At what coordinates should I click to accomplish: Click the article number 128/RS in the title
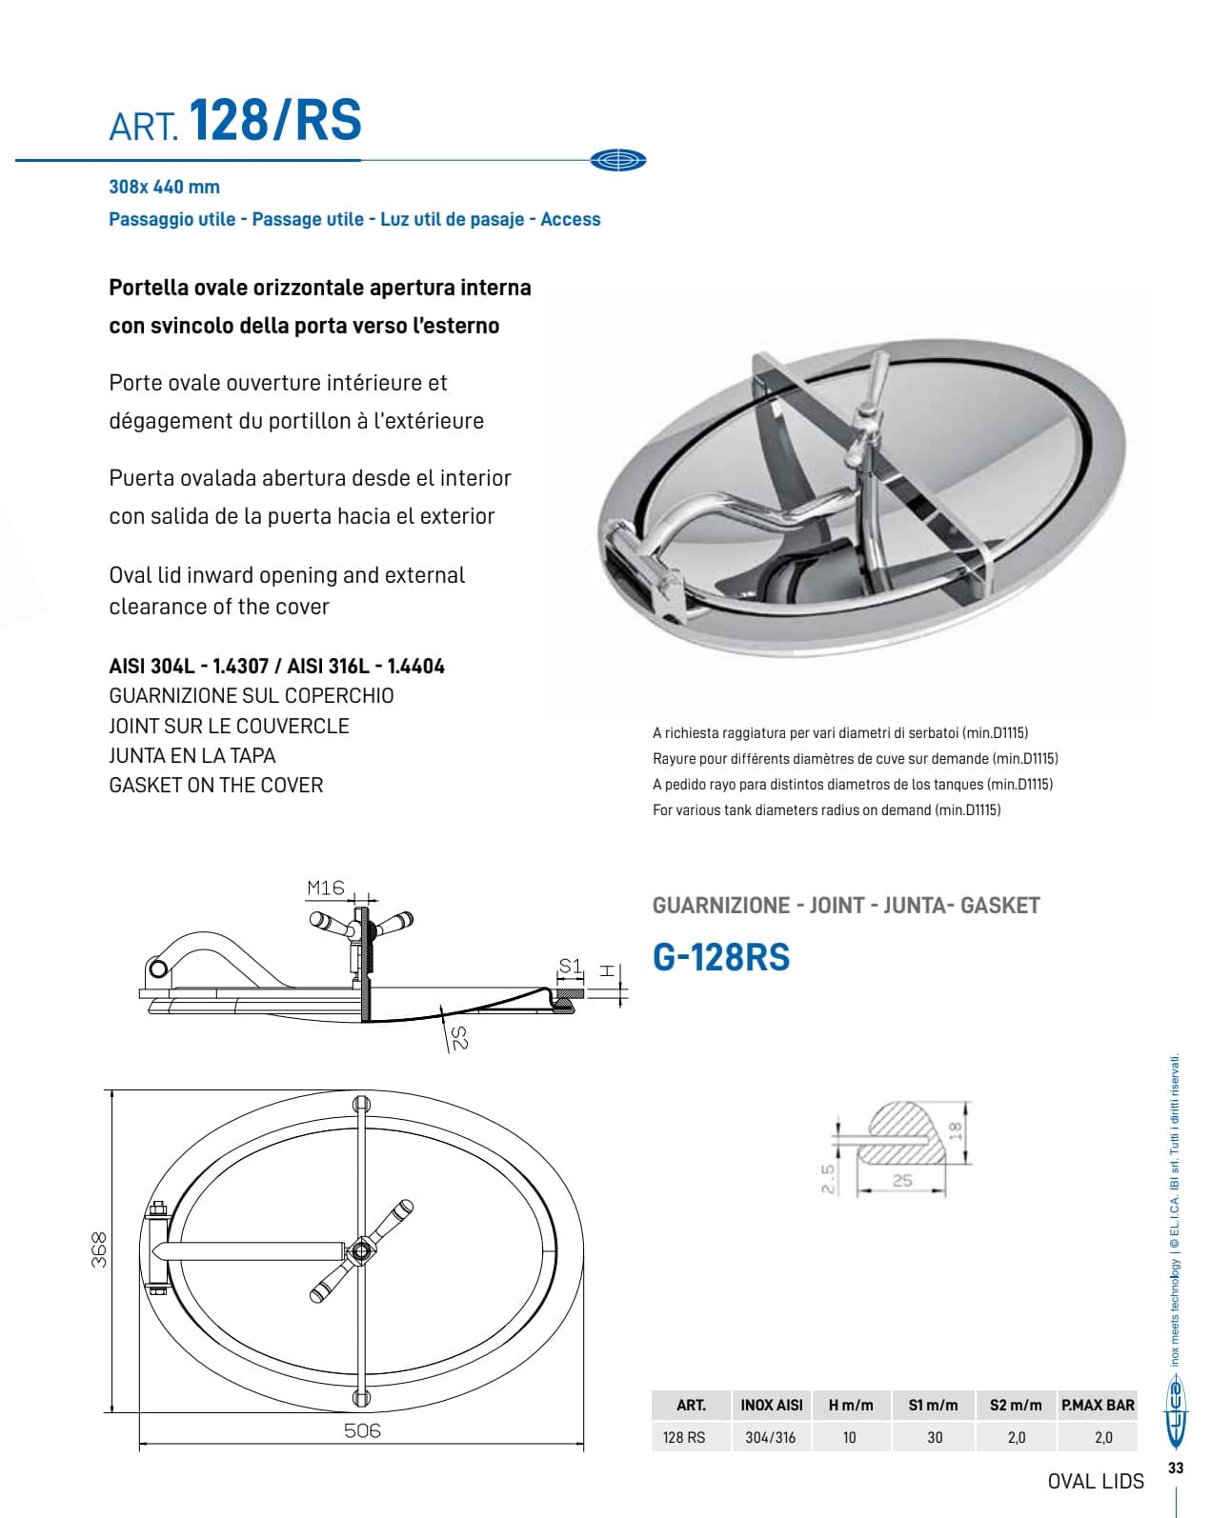click(276, 120)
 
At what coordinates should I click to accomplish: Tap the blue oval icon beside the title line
click(617, 161)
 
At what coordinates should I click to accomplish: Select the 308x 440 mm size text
click(164, 188)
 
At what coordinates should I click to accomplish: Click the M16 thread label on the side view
click(325, 888)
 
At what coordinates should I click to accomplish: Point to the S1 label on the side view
click(570, 967)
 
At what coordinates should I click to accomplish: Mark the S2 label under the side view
click(458, 1037)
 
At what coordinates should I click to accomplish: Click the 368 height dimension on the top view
click(98, 1248)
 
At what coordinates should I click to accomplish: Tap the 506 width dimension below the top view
click(361, 1429)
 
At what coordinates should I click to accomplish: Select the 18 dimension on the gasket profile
click(956, 1130)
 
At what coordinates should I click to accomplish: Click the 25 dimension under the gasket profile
click(901, 1180)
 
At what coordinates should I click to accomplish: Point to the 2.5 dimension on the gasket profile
click(827, 1178)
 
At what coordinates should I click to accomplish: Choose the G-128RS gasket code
click(721, 957)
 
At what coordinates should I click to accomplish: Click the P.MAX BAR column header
click(1098, 1405)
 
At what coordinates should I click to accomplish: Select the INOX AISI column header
click(771, 1405)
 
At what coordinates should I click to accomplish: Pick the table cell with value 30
click(935, 1437)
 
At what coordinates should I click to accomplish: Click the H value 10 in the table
click(849, 1437)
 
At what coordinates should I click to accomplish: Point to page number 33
click(1176, 1468)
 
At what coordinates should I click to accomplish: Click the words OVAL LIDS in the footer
click(1096, 1481)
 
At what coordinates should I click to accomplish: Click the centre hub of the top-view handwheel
click(361, 1249)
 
